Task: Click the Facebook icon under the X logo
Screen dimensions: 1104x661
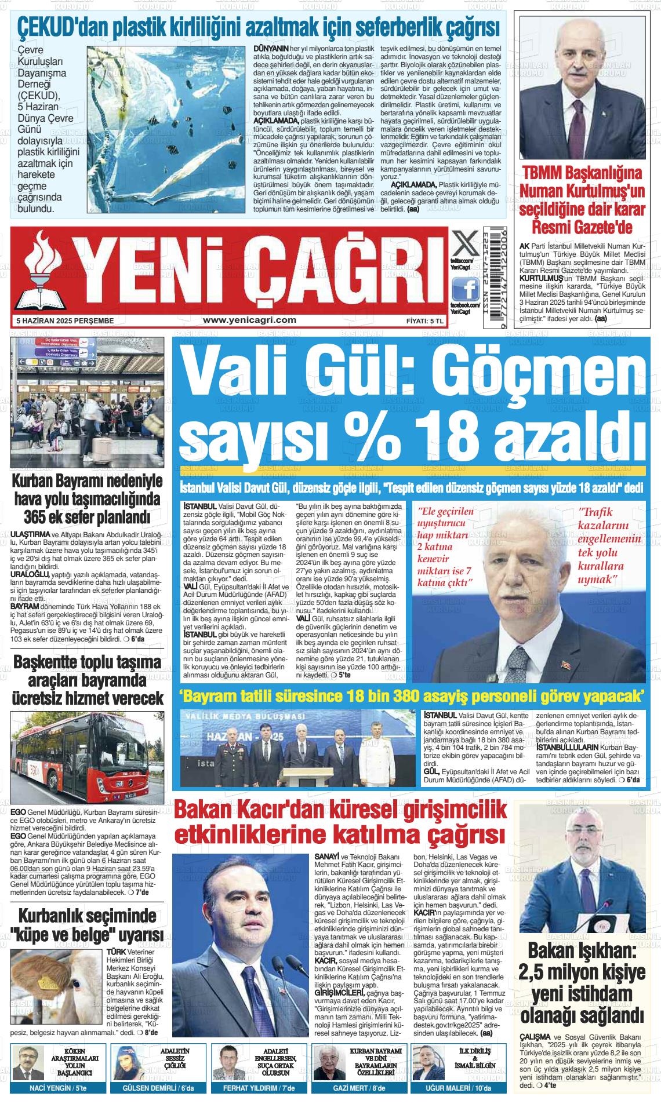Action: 464,288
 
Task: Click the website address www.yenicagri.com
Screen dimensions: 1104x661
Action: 250,320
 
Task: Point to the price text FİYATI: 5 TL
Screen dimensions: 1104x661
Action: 425,320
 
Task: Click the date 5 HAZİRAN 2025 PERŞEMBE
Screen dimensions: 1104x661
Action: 65,320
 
